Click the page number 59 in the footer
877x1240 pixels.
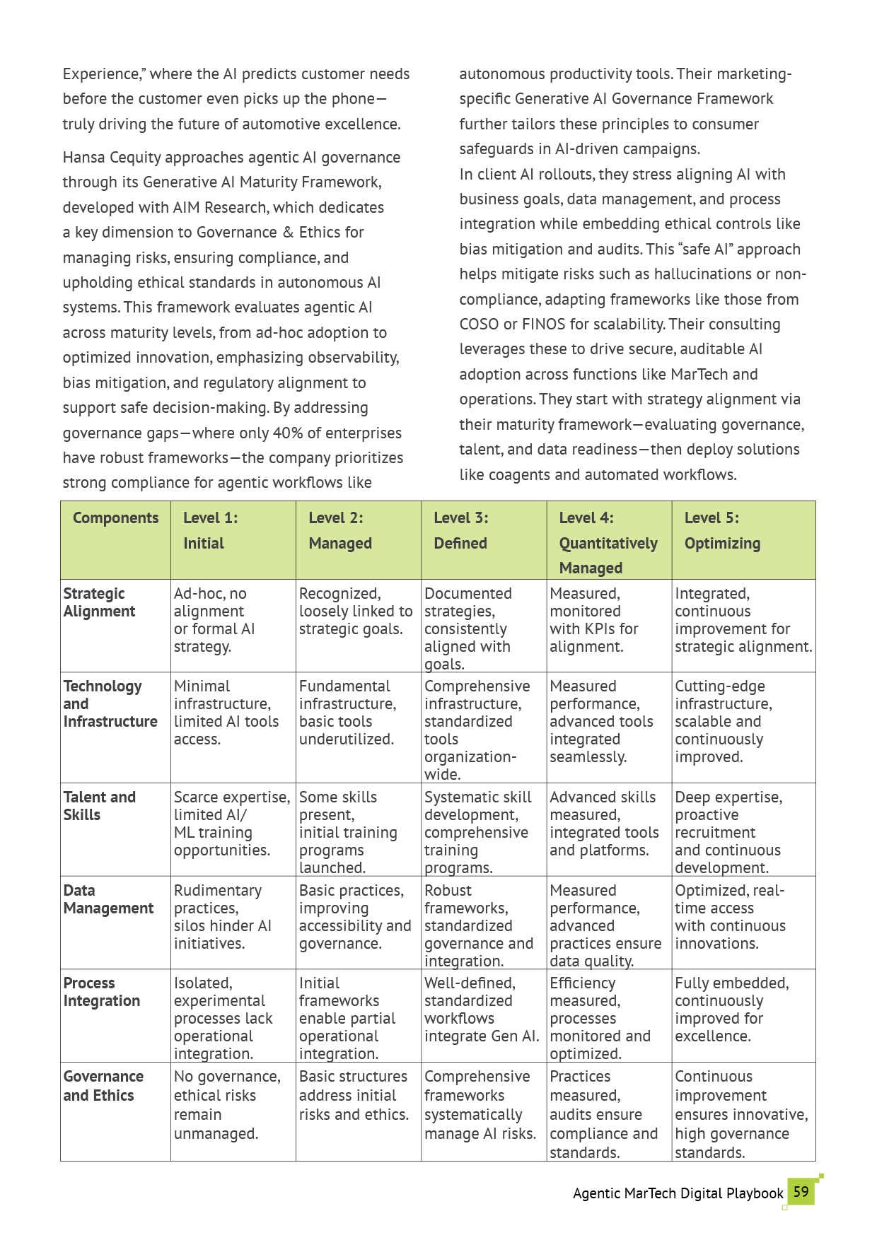click(801, 1192)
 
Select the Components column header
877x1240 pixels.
click(115, 518)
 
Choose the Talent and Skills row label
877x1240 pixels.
click(99, 806)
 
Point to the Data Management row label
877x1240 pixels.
click(108, 899)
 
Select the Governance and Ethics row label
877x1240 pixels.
click(103, 1086)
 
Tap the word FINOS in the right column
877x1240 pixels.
click(543, 324)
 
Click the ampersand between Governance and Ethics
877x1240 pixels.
click(288, 233)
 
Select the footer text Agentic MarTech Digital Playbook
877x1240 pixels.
click(678, 1193)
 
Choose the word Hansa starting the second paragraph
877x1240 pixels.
click(83, 157)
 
